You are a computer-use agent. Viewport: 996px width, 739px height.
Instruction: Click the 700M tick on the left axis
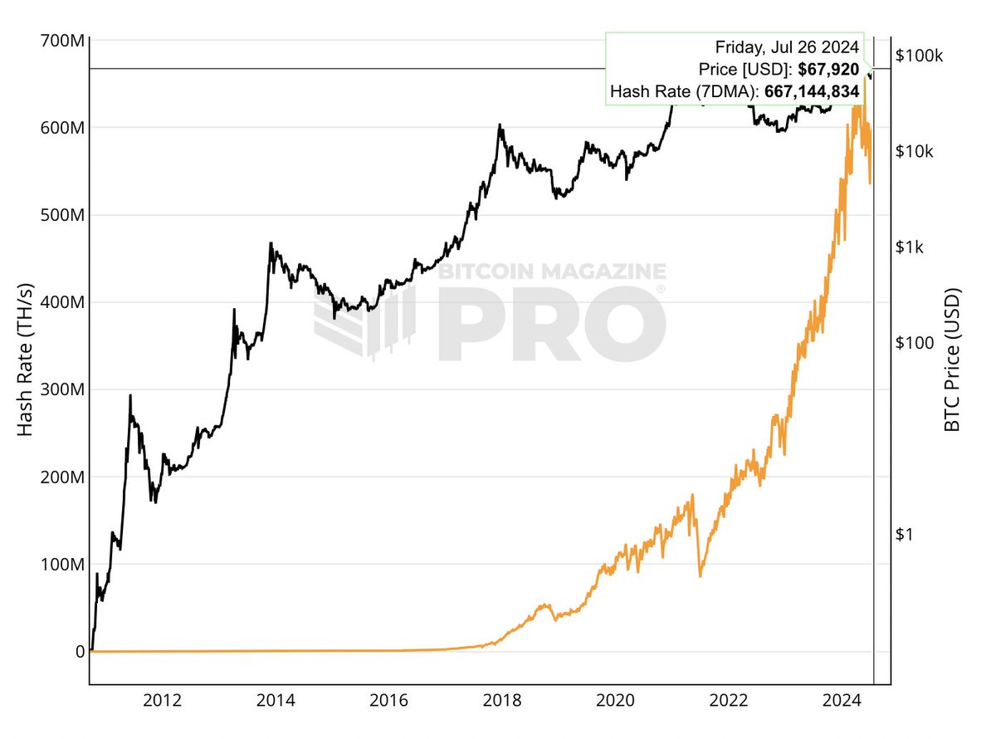(62, 40)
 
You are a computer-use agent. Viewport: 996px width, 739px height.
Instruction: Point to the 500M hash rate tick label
(62, 215)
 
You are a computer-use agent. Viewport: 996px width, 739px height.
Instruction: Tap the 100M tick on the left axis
(62, 565)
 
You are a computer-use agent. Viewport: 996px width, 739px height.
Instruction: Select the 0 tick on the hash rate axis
(80, 652)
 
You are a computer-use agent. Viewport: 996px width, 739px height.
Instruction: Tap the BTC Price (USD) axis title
(952, 360)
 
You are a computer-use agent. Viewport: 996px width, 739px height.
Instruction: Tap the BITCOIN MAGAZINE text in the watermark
(552, 272)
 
